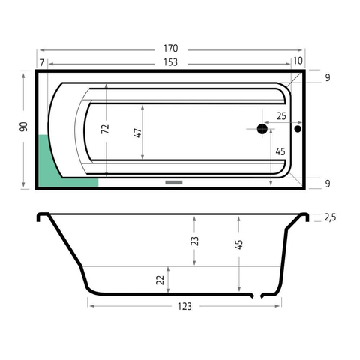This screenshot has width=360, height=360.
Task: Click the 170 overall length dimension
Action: (x=171, y=48)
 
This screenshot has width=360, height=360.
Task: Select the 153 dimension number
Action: (x=171, y=62)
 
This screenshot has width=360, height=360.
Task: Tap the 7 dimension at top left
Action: (x=42, y=62)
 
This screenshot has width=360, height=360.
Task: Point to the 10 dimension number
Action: (x=298, y=61)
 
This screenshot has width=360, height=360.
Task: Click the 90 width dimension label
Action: (x=23, y=127)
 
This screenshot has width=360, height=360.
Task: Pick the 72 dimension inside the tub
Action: (x=105, y=129)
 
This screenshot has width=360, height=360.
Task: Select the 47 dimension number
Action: (x=138, y=133)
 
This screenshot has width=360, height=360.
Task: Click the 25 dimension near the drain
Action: (x=281, y=116)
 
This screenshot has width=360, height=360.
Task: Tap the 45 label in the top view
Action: (x=280, y=151)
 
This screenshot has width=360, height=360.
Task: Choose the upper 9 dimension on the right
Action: (x=328, y=78)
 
